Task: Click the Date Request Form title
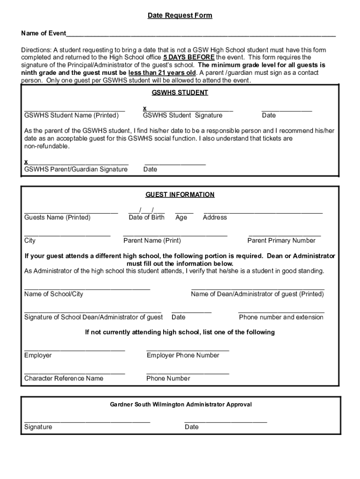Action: (x=180, y=15)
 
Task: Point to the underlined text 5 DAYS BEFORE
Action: (x=189, y=58)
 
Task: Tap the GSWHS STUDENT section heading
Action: (x=180, y=93)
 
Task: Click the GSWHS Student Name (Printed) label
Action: (x=72, y=115)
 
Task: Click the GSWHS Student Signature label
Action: (x=183, y=115)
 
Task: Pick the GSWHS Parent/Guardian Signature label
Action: (x=76, y=169)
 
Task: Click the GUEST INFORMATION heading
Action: (x=180, y=195)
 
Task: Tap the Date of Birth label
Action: (x=147, y=218)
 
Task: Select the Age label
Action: (x=181, y=218)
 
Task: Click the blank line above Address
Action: (x=263, y=212)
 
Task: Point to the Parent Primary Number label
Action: (x=281, y=240)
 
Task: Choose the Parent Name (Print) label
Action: (x=152, y=240)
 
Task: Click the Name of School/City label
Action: (x=54, y=294)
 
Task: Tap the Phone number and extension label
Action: (x=281, y=317)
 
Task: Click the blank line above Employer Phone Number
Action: (x=187, y=350)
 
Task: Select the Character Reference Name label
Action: (x=64, y=378)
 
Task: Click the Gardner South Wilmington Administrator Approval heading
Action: (x=181, y=404)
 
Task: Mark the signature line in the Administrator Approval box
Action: (x=87, y=421)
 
